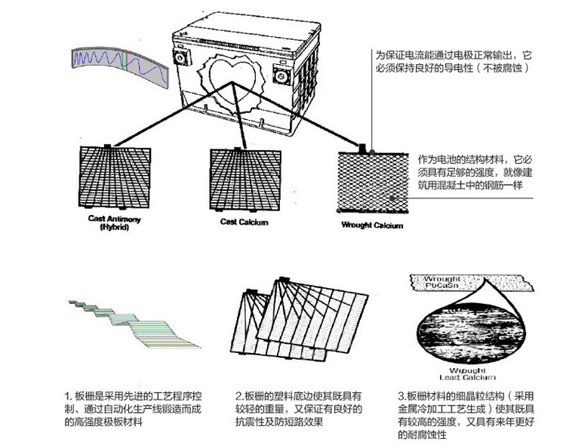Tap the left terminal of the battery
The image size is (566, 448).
(x=181, y=57)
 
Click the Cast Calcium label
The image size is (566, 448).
(x=243, y=221)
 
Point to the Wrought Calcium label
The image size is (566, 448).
(x=372, y=225)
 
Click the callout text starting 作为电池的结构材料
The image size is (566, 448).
(x=470, y=172)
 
